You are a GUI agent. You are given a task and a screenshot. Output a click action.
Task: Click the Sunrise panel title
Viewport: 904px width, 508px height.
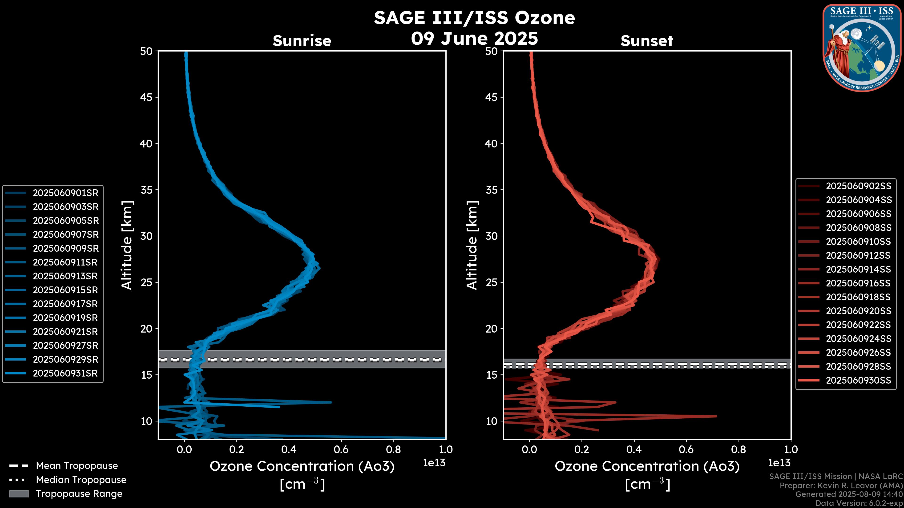[302, 41]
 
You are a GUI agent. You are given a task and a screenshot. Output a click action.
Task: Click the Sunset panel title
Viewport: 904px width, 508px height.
[647, 41]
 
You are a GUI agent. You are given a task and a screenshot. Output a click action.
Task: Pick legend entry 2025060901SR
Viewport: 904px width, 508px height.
[65, 193]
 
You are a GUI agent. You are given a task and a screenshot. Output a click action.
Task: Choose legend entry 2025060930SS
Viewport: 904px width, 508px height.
[858, 380]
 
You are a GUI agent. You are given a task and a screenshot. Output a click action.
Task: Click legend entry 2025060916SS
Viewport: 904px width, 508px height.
[858, 283]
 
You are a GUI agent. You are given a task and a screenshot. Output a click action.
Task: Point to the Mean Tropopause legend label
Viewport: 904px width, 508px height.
[77, 466]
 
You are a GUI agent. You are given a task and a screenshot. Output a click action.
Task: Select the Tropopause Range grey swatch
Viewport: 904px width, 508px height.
[19, 494]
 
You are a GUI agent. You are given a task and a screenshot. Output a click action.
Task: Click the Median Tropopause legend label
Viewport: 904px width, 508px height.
[81, 480]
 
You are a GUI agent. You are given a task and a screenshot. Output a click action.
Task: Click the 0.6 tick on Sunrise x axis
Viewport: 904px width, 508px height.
[341, 449]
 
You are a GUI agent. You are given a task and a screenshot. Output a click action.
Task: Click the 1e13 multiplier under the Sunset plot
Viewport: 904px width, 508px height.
[779, 463]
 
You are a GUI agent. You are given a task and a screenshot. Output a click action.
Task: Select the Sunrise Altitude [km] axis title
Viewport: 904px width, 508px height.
[127, 245]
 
